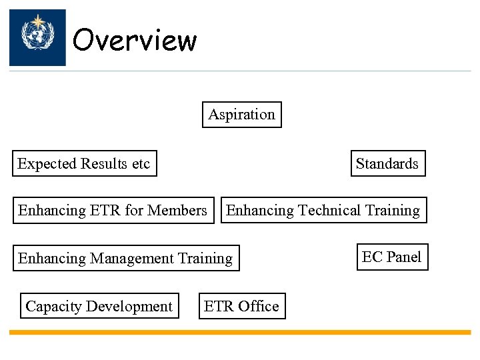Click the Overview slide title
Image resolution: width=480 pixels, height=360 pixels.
pos(135,40)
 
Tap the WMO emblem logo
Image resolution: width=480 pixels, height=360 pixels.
pos(37,37)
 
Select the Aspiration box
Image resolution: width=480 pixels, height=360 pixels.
pos(242,114)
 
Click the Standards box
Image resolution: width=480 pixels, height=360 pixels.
pos(387,163)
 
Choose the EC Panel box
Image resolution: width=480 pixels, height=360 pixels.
pos(392,257)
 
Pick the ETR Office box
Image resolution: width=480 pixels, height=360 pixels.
pos(241,306)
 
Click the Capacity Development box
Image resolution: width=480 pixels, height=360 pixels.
pos(99,306)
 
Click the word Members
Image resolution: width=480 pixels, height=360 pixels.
pos(177,211)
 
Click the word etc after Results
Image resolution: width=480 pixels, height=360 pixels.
pos(141,163)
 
